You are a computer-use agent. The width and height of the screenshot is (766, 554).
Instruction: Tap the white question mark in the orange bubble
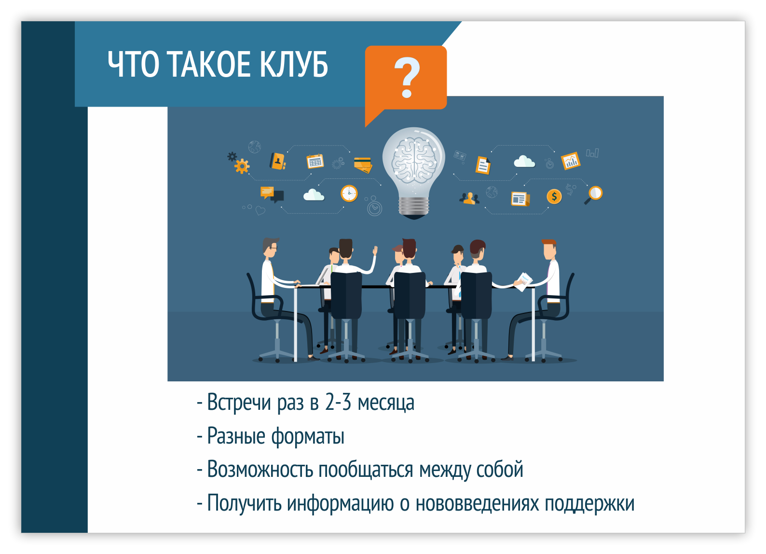point(407,77)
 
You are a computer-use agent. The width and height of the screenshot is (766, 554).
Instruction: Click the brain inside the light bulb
point(414,160)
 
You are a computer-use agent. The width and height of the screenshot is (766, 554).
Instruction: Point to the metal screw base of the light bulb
point(414,206)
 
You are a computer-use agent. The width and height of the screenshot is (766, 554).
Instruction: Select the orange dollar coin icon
point(554,197)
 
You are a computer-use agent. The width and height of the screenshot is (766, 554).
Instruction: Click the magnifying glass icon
point(593,195)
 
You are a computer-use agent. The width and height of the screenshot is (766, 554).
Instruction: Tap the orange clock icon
point(349,193)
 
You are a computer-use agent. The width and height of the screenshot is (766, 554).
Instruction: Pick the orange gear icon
point(242,166)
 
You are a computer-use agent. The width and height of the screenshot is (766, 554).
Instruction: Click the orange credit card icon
point(363,165)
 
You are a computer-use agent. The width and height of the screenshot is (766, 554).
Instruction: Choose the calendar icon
point(315,162)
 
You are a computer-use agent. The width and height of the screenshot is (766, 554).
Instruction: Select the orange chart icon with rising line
point(570,161)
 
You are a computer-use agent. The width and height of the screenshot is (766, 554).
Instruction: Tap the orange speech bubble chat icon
point(267,192)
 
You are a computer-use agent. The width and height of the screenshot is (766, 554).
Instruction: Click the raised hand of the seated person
point(375,251)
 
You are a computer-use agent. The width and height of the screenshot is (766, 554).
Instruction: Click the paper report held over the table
point(523,282)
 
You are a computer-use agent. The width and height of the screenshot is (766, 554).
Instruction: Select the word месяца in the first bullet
point(386,402)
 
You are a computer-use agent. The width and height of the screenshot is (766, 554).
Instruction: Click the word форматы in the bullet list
point(308,436)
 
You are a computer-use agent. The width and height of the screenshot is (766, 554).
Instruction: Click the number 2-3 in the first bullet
point(338,402)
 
